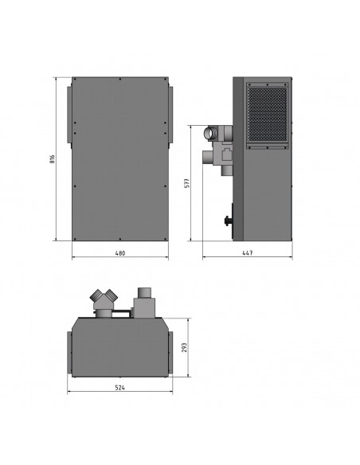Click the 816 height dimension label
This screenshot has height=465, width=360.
[x=53, y=159]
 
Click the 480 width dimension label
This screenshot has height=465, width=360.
[x=120, y=253]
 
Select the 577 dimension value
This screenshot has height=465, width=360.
[x=187, y=183]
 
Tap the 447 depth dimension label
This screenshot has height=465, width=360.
[x=248, y=253]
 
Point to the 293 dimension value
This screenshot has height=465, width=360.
[x=184, y=348]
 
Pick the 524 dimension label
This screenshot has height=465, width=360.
[x=119, y=387]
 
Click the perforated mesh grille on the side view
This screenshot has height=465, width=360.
[x=267, y=114]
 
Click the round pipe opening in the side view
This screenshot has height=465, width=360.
[x=211, y=132]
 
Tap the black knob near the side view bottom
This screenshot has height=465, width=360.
[x=228, y=221]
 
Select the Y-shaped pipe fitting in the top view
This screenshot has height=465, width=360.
[x=104, y=303]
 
